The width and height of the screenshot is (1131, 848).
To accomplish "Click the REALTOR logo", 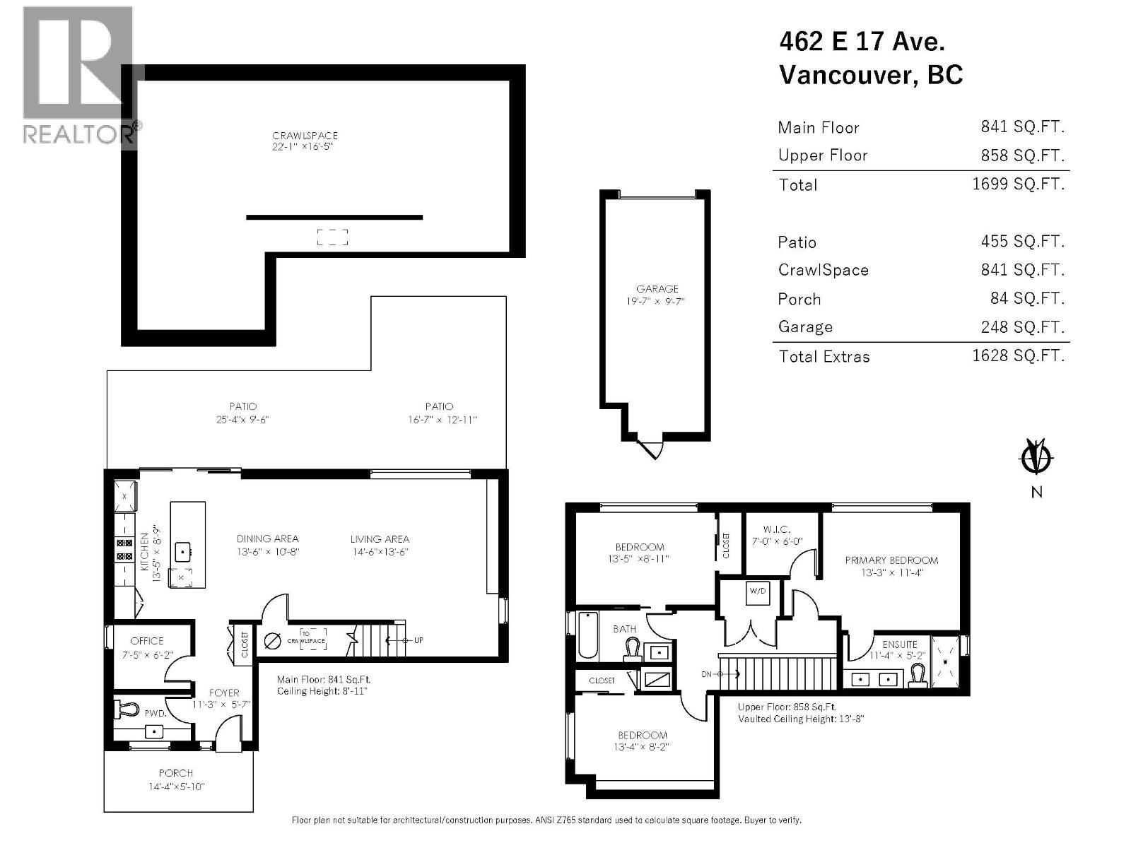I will pos(78,74).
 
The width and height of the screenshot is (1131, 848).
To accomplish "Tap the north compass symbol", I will pos(1036,458).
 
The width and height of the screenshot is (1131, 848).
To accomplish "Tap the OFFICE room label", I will pos(147,641).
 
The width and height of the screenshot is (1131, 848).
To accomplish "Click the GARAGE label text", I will pos(657,288).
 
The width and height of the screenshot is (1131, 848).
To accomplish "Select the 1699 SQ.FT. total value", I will pos(1018,184).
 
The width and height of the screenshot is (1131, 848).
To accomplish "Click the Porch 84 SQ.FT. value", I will pos(1026,298).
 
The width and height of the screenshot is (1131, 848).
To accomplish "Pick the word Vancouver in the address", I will pos(845,75).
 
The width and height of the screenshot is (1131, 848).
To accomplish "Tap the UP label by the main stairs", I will pos(418,640).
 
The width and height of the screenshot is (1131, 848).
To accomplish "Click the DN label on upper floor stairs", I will pos(706,674).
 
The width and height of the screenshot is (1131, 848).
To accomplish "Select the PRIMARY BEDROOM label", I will pos(891,560).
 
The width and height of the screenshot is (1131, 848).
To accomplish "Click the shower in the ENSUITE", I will pos(947,662).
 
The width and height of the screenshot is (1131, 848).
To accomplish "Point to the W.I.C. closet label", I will pos(776,529).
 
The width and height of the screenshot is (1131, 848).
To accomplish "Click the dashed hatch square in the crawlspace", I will pos(332,237).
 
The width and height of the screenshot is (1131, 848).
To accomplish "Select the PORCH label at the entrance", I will pos(175,773).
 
